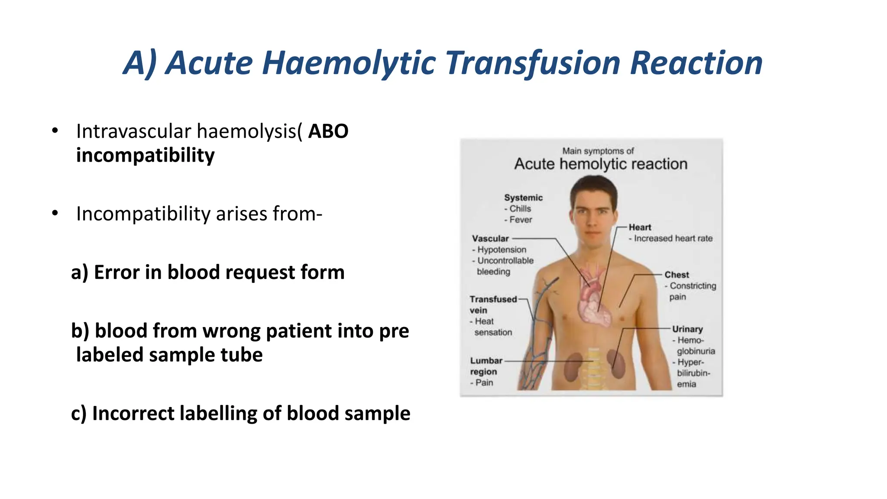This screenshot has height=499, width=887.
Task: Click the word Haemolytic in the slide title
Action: [x=348, y=63]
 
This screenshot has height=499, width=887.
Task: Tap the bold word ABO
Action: [x=328, y=131]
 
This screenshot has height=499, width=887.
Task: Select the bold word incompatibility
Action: [x=145, y=156]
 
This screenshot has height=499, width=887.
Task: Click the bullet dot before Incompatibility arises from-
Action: [x=55, y=213]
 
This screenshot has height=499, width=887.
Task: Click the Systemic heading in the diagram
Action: [x=523, y=198]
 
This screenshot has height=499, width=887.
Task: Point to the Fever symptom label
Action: [x=520, y=220]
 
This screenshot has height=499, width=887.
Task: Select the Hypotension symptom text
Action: [x=502, y=249]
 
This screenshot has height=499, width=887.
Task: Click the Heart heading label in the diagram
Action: [x=640, y=227]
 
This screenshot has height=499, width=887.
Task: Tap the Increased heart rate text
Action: [x=673, y=238]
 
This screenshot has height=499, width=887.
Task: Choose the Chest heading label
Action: [x=677, y=275]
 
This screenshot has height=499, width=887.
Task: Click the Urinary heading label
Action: [x=687, y=329]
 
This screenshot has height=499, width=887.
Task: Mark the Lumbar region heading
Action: [x=486, y=366]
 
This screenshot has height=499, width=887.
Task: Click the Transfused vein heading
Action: [x=493, y=305]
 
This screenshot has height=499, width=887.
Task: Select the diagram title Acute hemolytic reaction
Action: [x=600, y=164]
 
